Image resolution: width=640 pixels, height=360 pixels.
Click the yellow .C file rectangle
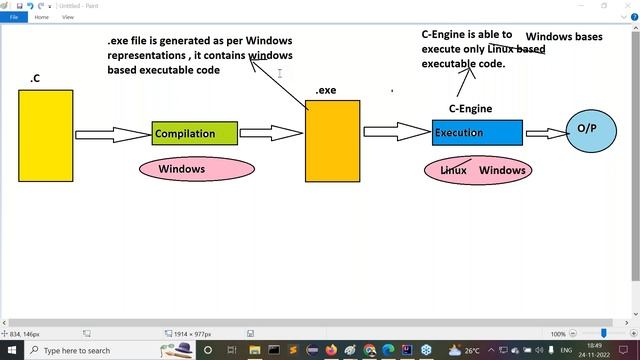click(45, 135)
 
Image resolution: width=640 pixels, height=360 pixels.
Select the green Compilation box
click(194, 133)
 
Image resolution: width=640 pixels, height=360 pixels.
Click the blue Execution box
click(477, 132)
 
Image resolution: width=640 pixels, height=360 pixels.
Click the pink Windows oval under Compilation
click(181, 169)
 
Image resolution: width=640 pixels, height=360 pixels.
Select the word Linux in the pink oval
click(454, 170)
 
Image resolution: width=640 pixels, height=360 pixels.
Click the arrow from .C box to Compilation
click(112, 134)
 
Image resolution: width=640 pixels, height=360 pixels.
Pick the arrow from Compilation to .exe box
click(271, 132)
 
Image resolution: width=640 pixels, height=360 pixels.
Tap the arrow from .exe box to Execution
click(395, 131)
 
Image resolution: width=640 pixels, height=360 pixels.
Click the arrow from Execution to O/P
click(545, 132)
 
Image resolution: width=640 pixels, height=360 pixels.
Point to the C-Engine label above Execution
click(470, 108)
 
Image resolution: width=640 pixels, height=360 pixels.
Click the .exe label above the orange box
click(326, 90)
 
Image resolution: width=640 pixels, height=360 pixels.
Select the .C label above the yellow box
click(35, 78)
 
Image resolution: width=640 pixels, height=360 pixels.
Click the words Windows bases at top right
click(564, 37)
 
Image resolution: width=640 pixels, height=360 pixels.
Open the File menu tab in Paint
click(14, 17)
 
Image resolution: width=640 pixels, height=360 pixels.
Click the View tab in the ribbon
click(68, 17)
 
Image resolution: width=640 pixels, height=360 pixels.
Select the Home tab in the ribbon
click(42, 17)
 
